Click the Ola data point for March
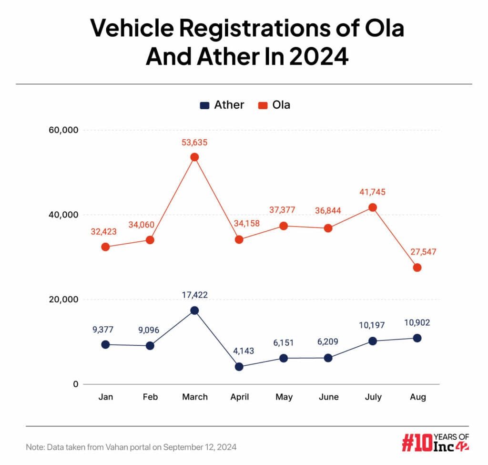[194, 157]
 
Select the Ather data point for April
[239, 367]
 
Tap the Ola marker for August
[417, 268]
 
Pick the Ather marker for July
[373, 341]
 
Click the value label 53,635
[194, 142]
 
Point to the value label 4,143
[239, 351]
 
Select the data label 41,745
[372, 192]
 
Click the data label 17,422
[194, 295]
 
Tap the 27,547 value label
[417, 252]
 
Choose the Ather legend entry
[222, 105]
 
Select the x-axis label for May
[284, 397]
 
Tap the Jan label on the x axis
[105, 397]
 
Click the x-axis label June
[328, 397]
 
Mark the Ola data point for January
[105, 247]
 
